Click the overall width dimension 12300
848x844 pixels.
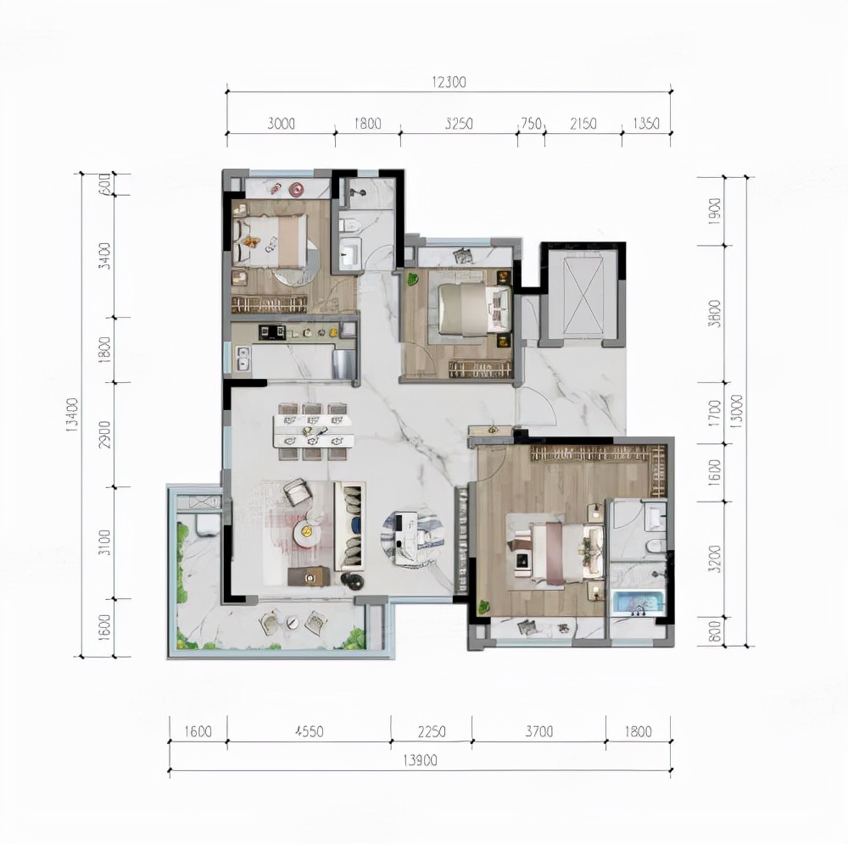coord(449,82)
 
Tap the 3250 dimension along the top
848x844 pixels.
coord(458,124)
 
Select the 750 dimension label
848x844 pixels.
coord(530,124)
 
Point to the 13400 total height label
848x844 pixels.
coord(70,414)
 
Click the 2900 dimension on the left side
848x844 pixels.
coord(104,434)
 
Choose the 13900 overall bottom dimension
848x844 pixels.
coord(421,761)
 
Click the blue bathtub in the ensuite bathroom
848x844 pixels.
coord(638,602)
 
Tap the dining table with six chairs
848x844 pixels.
coord(313,430)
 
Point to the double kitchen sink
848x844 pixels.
coord(243,358)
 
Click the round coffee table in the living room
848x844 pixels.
coord(306,532)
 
